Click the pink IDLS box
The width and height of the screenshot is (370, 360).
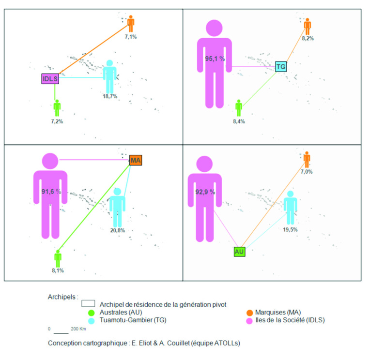click(x=50, y=78)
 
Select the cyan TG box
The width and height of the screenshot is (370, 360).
click(x=281, y=66)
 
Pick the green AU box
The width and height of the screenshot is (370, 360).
click(x=239, y=251)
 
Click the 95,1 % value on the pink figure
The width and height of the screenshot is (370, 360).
click(x=215, y=59)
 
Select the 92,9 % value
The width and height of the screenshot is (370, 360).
click(x=205, y=192)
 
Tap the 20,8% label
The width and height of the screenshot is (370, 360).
click(x=117, y=230)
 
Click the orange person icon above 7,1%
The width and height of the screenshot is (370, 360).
click(x=131, y=23)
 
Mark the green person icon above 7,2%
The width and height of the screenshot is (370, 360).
click(x=57, y=107)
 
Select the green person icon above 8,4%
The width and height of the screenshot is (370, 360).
click(x=238, y=108)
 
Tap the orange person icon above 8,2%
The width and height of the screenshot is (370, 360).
click(x=307, y=26)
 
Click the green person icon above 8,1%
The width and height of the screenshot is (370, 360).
click(x=58, y=258)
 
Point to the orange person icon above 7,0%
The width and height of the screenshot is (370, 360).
click(x=307, y=159)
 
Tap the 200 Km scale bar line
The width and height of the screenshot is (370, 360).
click(x=61, y=333)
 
